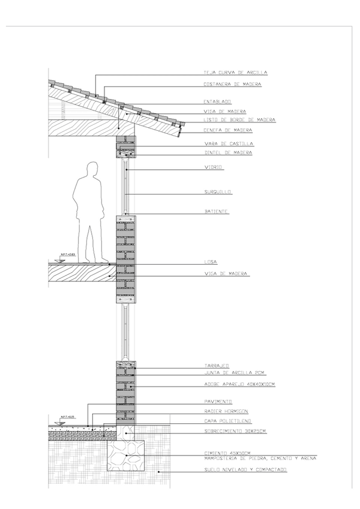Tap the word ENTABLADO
tap(217, 102)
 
